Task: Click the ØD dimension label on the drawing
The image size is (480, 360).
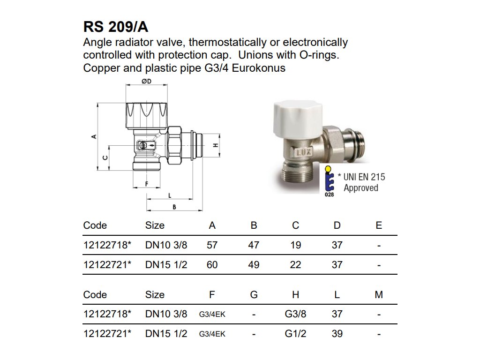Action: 146,82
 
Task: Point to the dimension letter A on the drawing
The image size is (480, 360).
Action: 94,136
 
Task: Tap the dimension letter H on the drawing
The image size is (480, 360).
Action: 216,145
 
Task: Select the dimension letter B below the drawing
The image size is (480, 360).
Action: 174,207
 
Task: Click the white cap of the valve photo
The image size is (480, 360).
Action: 292,114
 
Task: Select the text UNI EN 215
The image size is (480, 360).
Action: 364,177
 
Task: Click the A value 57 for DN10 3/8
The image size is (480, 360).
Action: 212,245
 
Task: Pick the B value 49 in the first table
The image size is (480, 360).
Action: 254,265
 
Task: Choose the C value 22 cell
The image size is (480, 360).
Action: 295,265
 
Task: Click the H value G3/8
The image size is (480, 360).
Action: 295,314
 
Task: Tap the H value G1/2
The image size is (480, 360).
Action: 295,334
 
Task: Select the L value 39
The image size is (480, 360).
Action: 337,334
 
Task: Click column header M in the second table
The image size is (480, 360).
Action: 379,295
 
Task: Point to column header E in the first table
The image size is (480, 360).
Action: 379,225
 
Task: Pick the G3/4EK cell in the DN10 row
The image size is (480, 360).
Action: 212,315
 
